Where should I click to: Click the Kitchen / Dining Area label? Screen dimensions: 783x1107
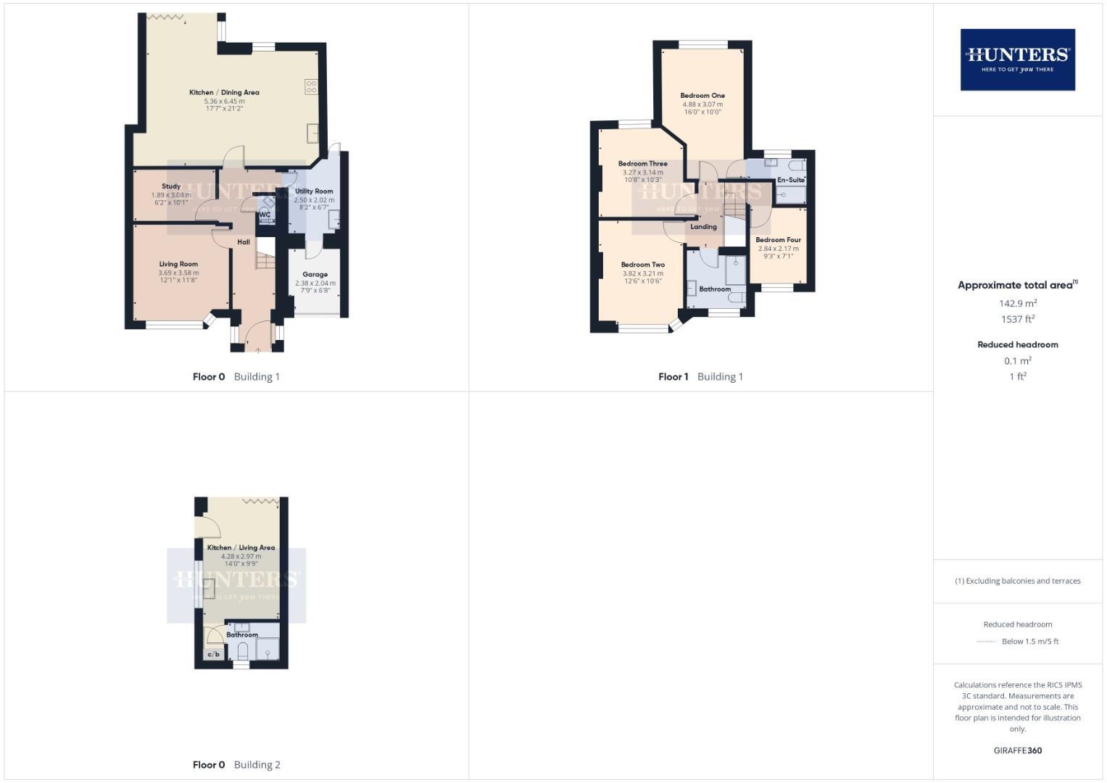click(x=224, y=92)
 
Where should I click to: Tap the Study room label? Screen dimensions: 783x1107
click(x=171, y=186)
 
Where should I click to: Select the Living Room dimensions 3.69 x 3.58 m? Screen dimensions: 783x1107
click(x=178, y=273)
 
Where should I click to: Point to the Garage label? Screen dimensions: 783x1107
click(x=315, y=275)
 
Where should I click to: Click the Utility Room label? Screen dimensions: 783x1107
click(x=314, y=191)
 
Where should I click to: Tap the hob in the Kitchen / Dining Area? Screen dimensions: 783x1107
click(x=311, y=86)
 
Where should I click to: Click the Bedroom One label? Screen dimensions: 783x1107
click(x=702, y=96)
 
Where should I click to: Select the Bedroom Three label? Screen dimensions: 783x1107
click(x=642, y=164)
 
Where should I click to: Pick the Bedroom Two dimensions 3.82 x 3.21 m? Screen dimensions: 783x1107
click(x=642, y=273)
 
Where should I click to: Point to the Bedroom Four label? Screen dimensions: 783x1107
click(x=778, y=240)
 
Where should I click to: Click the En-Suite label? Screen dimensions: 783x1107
click(x=790, y=180)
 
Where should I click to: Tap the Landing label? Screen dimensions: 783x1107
click(x=703, y=227)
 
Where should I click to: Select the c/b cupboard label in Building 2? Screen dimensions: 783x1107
click(x=214, y=655)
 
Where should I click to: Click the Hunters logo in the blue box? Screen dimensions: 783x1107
click(x=1017, y=59)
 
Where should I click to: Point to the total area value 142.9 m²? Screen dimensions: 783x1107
click(x=1017, y=304)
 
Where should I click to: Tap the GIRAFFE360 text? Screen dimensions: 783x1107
click(x=1017, y=750)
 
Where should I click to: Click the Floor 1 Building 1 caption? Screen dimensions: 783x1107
click(x=700, y=376)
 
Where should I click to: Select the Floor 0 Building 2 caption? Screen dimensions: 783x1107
click(x=236, y=764)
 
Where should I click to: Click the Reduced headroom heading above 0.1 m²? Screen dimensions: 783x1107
click(x=1017, y=344)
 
